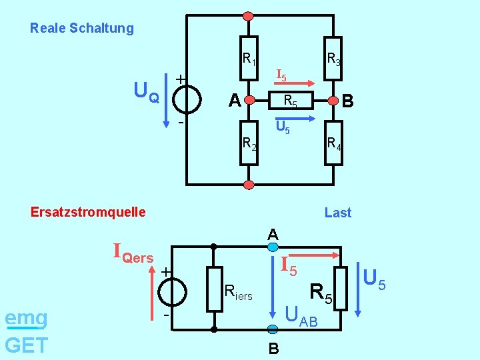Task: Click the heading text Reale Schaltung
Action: [x=81, y=28]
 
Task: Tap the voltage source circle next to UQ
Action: [x=185, y=101]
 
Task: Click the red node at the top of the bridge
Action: [x=249, y=15]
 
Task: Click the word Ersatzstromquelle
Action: [x=88, y=212]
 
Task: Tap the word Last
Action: [x=337, y=213]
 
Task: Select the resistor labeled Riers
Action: [x=214, y=288]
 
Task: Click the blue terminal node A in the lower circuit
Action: [x=273, y=247]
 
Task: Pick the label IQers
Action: [x=133, y=254]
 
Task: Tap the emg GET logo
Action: [x=26, y=331]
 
